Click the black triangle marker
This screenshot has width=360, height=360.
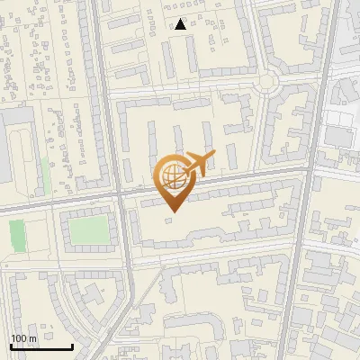pyautogui.click(x=181, y=24)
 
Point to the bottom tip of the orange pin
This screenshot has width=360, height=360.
pyautogui.click(x=172, y=211)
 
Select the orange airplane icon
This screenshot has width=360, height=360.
pyautogui.click(x=200, y=165)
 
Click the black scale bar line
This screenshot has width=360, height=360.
pyautogui.click(x=40, y=346)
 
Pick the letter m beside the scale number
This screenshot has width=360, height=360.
pyautogui.click(x=33, y=338)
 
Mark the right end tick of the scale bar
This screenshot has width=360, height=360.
pyautogui.click(x=72, y=345)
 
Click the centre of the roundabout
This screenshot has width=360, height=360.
pyautogui.click(x=265, y=83)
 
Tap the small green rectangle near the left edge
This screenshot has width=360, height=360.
pyautogui.click(x=17, y=236)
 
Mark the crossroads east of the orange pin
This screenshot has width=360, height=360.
pyautogui.click(x=307, y=169)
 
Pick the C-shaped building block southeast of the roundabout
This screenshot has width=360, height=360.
pyautogui.click(x=292, y=130)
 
